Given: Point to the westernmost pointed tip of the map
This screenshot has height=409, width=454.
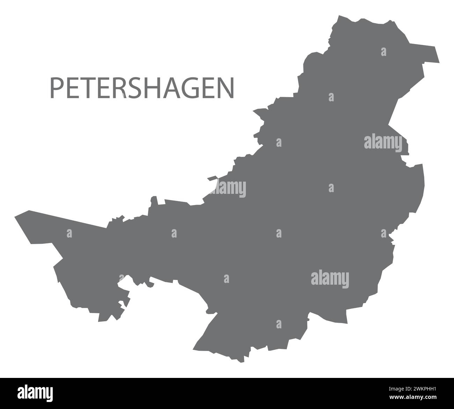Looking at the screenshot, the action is (15, 217).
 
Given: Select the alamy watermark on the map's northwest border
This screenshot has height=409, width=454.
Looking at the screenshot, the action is (230, 189).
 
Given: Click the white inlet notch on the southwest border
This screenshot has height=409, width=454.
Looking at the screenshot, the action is (124, 286).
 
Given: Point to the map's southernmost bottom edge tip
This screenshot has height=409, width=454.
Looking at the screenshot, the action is (240, 361).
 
